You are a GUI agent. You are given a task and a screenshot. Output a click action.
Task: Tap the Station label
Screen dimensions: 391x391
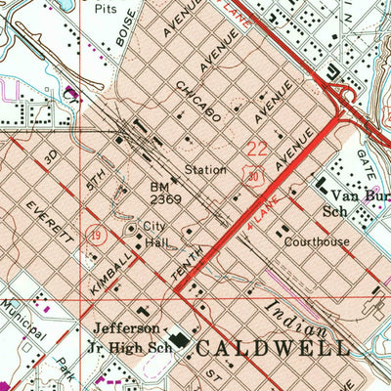[x=205, y=168]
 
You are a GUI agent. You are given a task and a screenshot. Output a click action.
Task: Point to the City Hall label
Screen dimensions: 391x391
[x=154, y=234]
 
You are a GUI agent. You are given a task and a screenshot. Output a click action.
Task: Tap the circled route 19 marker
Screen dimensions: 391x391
[x=100, y=235]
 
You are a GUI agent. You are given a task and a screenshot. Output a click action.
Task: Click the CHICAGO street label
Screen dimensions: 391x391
[x=199, y=101]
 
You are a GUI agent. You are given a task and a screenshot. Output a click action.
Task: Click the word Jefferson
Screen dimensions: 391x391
[x=124, y=328]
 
